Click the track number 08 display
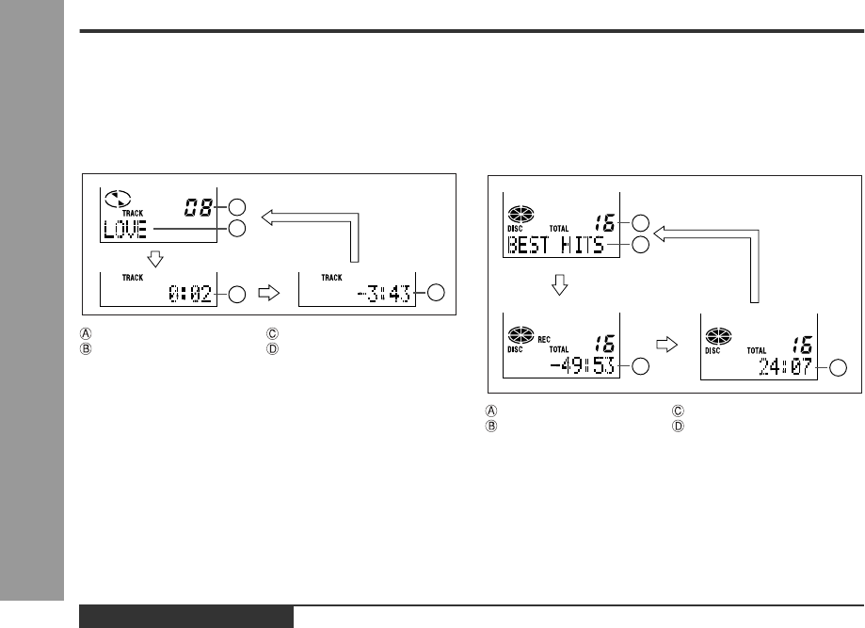pos(198,207)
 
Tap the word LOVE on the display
pos(125,229)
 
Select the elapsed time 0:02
pos(190,294)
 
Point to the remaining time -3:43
pos(384,294)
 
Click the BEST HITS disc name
pos(555,245)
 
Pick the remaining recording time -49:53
pos(583,365)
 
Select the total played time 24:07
pos(786,366)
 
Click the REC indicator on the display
pos(544,339)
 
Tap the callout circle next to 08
pos(236,207)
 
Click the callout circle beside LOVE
pos(236,229)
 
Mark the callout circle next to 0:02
pos(236,294)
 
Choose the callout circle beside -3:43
pos(436,293)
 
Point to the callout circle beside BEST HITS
pos(640,245)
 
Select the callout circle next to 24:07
pos(838,367)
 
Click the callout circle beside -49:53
pos(640,366)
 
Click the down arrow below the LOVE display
pos(155,259)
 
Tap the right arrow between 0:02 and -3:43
pos(268,293)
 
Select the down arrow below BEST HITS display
pos(559,284)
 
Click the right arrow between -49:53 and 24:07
pos(666,346)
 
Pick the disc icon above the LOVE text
pos(118,198)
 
